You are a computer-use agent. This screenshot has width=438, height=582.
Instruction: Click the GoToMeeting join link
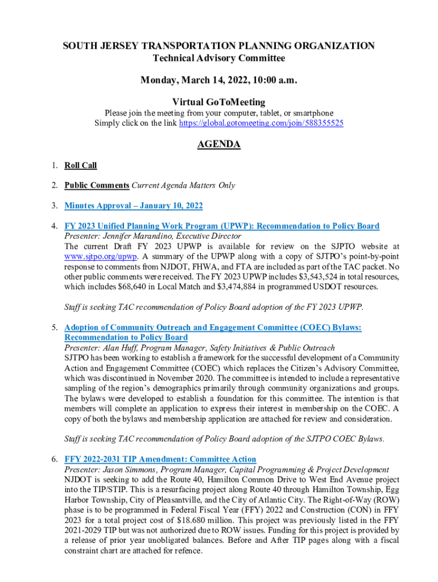261,123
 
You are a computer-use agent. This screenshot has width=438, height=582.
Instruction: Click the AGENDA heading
219,144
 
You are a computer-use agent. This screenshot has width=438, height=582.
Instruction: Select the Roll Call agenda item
80,165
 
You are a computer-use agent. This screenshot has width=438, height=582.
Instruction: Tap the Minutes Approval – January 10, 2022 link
134,206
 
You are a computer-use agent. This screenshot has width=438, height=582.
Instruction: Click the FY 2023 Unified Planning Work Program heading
222,226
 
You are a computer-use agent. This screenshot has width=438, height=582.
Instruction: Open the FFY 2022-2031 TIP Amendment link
160,459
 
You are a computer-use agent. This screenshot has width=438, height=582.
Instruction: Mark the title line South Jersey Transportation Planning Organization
219,46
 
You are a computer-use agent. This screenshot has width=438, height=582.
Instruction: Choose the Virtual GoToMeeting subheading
219,102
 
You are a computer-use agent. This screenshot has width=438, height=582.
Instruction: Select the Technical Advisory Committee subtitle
219,59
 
